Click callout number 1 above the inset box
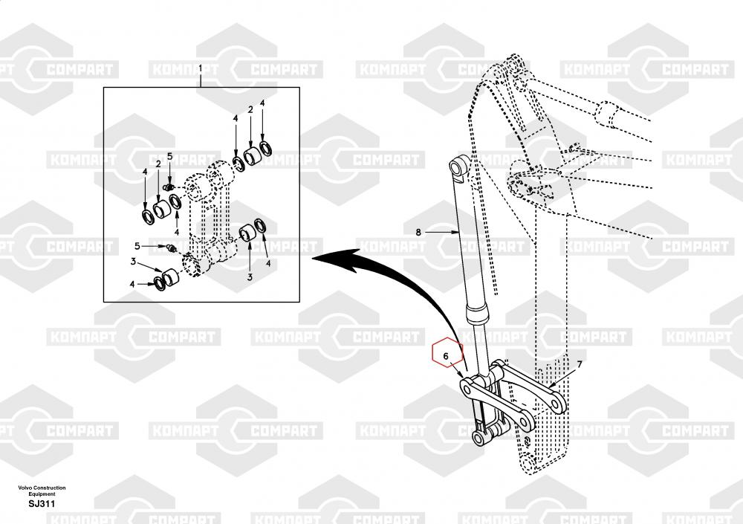click(200, 68)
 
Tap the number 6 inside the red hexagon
click(446, 357)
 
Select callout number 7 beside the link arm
click(580, 364)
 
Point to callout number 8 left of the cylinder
click(418, 232)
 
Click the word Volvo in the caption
click(27, 488)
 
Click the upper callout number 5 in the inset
click(169, 156)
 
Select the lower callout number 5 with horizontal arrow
click(137, 245)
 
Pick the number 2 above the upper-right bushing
click(250, 110)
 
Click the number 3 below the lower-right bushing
click(250, 276)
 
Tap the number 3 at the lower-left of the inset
click(132, 261)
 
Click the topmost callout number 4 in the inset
click(262, 102)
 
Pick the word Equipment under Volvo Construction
click(42, 494)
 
